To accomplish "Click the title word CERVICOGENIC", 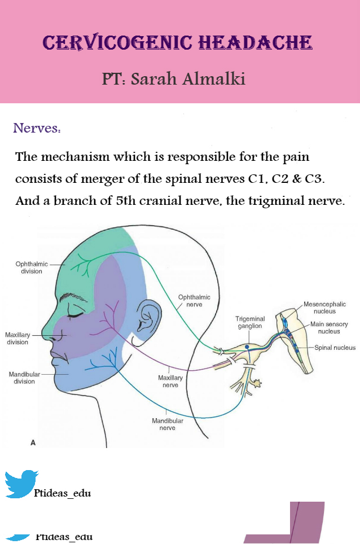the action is pos(117,42).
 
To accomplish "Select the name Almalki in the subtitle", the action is pos(214,79).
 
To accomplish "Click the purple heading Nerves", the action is pos(37,128).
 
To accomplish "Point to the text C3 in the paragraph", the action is pos(314,178).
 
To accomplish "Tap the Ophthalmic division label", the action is pos(32,267).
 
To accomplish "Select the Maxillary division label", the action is pos(17,338).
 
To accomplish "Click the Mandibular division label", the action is pos(24,378).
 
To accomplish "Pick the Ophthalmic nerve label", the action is pos(194,301).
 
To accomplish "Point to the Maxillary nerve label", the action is pos(170,381).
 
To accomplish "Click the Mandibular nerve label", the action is pos(168,424).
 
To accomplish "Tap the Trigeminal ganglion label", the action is pos(250,322).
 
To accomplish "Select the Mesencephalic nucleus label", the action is pos(324,308).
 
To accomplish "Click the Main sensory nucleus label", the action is pos(329,327).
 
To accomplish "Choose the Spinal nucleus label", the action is pos(335,348).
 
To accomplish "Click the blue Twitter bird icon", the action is pos(21,484).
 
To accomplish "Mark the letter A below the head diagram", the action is pos(33,442).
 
